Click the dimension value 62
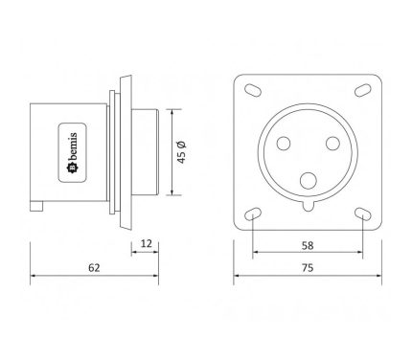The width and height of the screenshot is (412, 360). point(94,267)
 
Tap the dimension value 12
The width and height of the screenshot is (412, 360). point(147,243)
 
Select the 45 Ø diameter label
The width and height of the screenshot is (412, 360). point(181,152)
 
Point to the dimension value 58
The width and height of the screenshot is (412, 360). point(308,245)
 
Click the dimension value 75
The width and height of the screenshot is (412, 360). point(308,268)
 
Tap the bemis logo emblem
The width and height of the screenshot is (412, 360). point(73,169)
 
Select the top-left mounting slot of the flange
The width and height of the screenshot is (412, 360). point(253,90)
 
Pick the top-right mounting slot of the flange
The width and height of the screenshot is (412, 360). point(363,90)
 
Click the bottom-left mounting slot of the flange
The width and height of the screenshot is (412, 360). point(253,214)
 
